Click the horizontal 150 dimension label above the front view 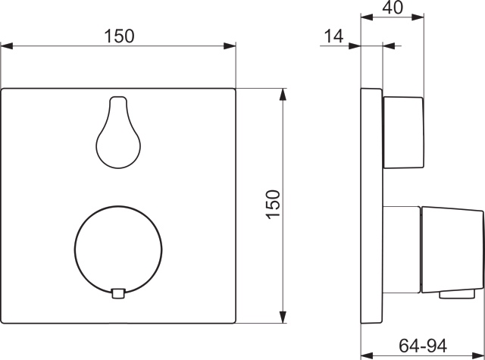coord(120,36)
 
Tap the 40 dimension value coord(392,8)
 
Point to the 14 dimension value coord(334,35)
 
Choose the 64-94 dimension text coord(421,346)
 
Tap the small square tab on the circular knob coord(117,293)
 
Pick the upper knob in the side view coord(402,133)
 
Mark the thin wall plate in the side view coord(371,205)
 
